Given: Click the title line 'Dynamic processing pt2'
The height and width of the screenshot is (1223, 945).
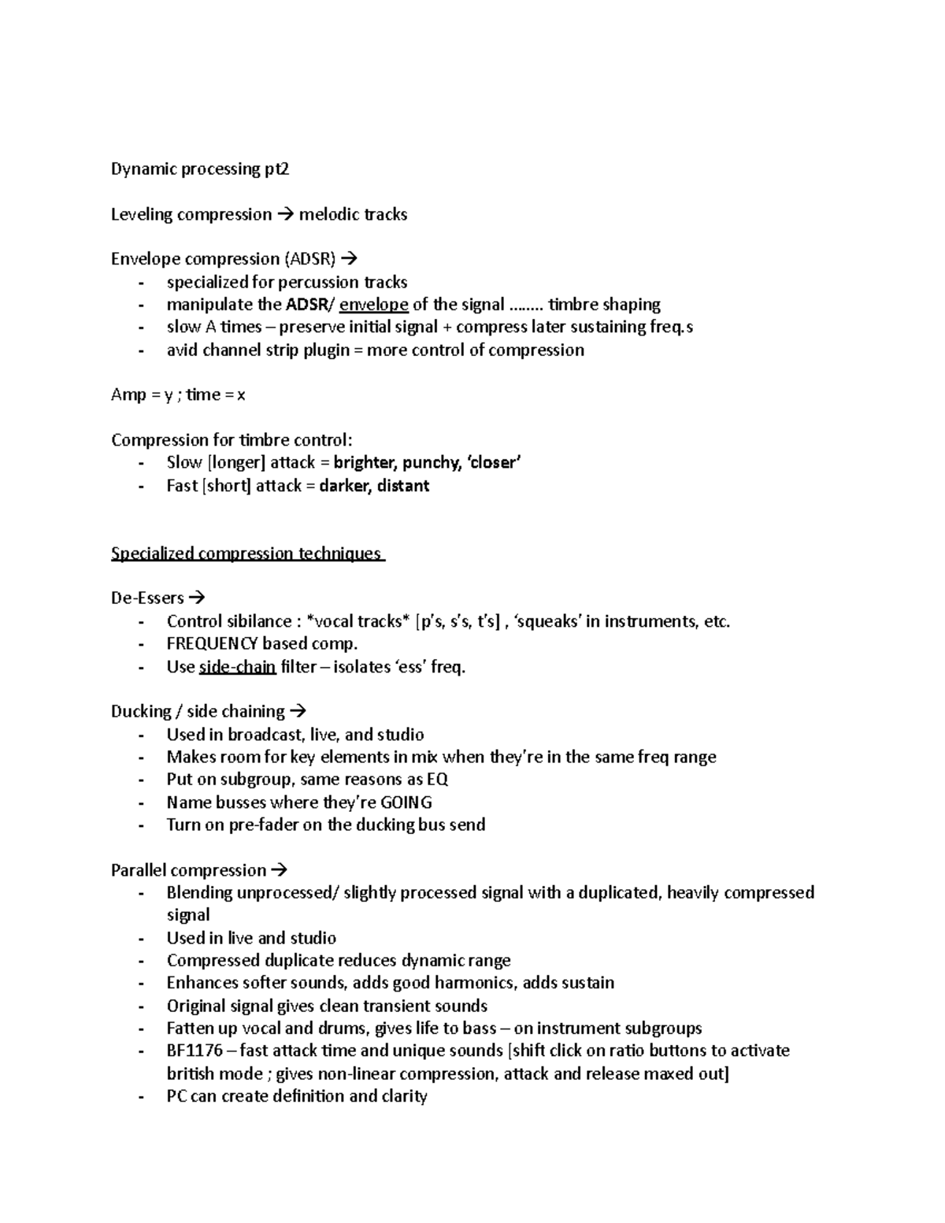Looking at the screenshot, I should tap(200, 169).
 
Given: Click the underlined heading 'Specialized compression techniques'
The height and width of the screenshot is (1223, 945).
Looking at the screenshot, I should tap(246, 553).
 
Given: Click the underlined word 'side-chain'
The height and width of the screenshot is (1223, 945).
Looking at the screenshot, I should tap(237, 667).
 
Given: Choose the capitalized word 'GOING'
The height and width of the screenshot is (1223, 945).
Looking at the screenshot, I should tap(406, 802).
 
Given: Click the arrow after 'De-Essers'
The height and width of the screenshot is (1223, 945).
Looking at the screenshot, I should tap(197, 598).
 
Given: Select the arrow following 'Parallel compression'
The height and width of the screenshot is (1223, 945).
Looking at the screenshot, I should tap(279, 870).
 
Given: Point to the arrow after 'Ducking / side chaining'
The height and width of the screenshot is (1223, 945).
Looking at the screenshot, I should tap(298, 711).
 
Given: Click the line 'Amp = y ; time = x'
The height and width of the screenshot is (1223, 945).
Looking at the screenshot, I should tap(178, 395).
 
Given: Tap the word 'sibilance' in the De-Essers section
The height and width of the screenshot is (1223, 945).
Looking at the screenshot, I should tap(254, 621).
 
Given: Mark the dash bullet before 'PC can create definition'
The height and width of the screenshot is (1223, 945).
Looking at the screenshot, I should tap(141, 1097).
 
